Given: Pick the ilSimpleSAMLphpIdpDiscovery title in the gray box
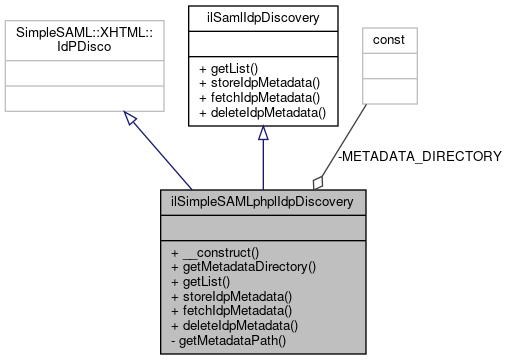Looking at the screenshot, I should [x=261, y=200].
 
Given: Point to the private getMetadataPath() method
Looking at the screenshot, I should [x=228, y=341].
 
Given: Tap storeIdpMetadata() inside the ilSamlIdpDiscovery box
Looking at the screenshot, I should [x=261, y=83].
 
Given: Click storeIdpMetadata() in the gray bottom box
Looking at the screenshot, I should [x=231, y=296].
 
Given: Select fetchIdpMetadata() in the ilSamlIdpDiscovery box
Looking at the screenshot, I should [x=261, y=98].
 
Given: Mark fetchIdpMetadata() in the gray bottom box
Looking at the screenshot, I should [x=231, y=311].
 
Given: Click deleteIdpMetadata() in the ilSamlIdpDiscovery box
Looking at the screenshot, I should [x=264, y=113].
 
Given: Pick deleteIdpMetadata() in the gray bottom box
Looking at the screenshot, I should [x=234, y=326].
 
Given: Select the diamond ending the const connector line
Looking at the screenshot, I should [x=319, y=181].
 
